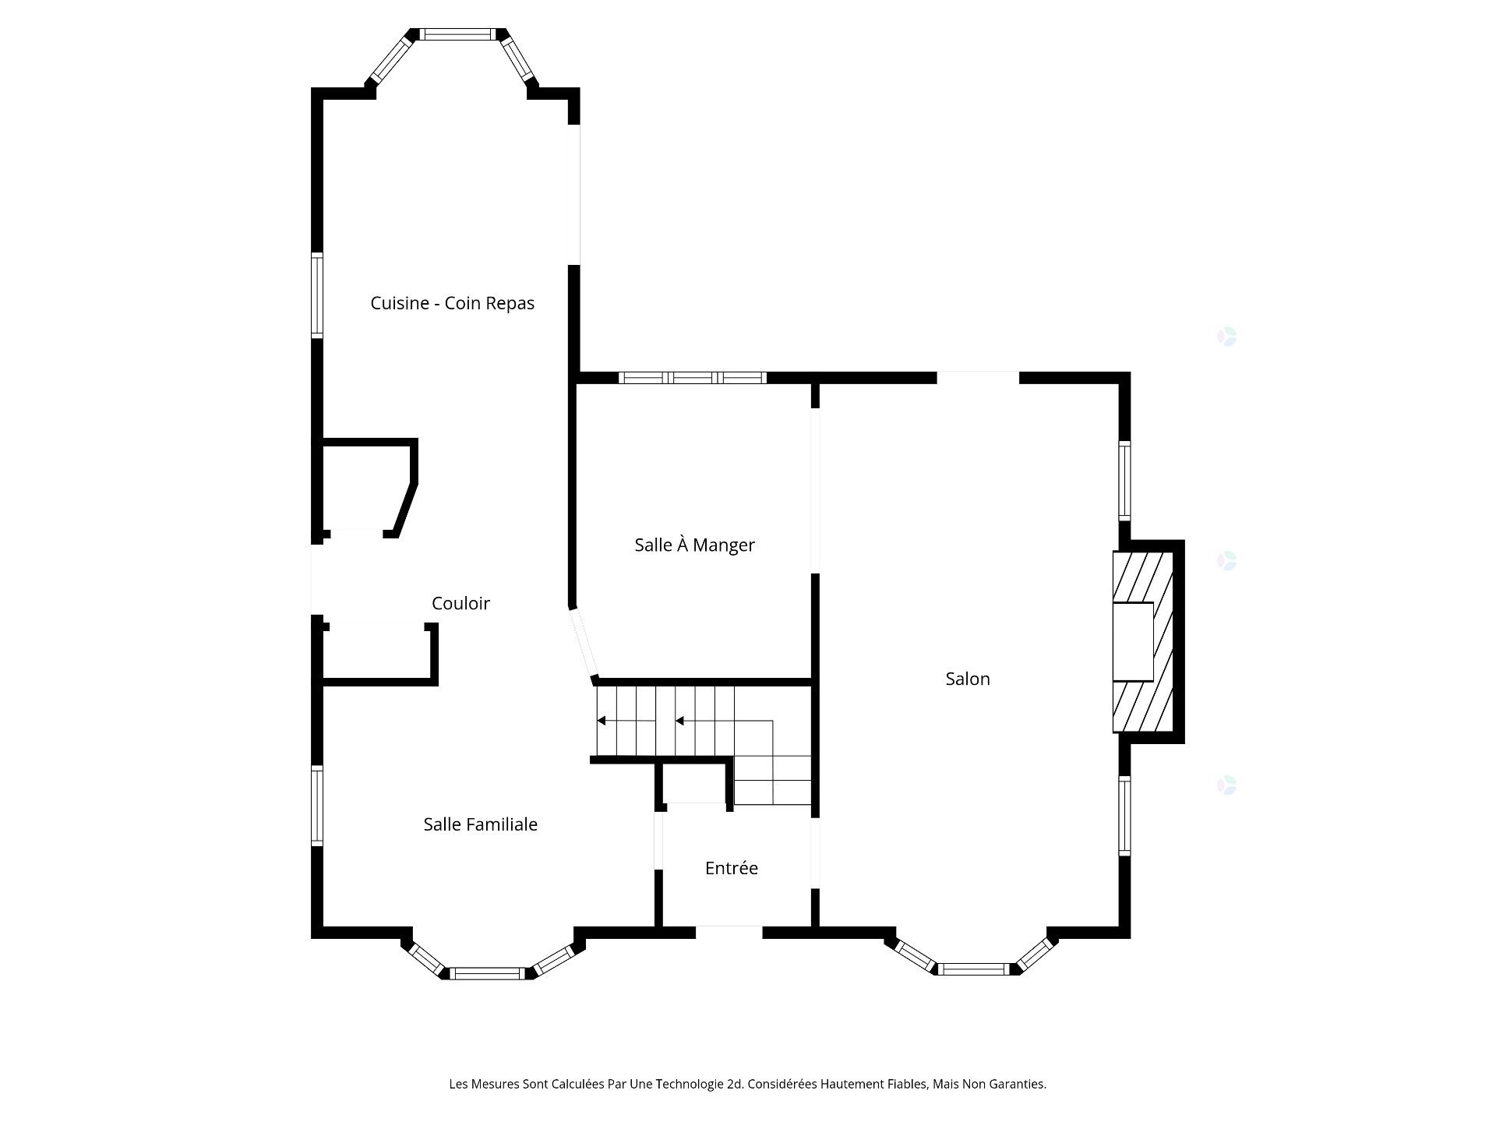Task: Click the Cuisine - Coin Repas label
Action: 452,303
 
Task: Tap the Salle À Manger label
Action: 694,545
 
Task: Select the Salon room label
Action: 968,679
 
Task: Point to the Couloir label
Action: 460,603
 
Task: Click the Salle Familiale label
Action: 480,824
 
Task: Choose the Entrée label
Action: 731,868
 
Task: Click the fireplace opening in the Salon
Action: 1132,642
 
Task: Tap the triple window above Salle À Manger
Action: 692,378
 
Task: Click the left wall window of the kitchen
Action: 317,295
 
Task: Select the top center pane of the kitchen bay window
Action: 457,34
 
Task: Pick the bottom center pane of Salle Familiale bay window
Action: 488,973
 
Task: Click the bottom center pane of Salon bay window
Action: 974,969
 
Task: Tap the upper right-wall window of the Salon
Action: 1124,480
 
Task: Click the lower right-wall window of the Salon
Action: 1124,815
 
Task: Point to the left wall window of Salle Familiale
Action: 317,806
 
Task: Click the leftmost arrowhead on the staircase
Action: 602,721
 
